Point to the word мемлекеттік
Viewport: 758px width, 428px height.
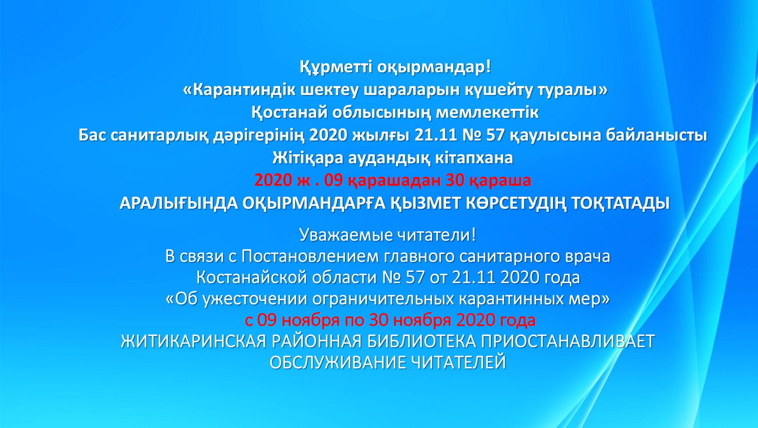487,113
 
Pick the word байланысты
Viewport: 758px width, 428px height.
656,135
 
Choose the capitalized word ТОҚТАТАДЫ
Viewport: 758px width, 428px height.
620,204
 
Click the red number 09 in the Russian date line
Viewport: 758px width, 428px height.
267,320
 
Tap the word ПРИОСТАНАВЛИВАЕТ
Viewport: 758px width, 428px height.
568,342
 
